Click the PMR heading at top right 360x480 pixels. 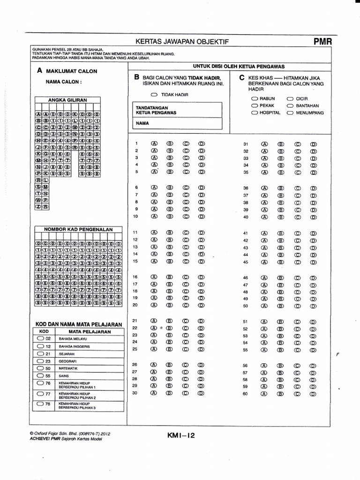coord(322,41)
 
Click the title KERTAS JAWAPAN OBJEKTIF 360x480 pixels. coord(182,42)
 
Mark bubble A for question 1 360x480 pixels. coord(154,143)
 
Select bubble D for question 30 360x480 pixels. coord(201,393)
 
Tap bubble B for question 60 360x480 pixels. coord(281,394)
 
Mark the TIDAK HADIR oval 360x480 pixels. coord(155,95)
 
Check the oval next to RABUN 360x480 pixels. coord(255,99)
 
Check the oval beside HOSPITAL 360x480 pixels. coord(255,112)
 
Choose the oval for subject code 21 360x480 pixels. coord(40,353)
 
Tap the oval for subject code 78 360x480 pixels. coord(40,404)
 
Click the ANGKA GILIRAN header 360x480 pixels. coord(68,100)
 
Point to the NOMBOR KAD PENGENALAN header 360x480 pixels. coord(78,229)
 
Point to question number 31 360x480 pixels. coord(245,144)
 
